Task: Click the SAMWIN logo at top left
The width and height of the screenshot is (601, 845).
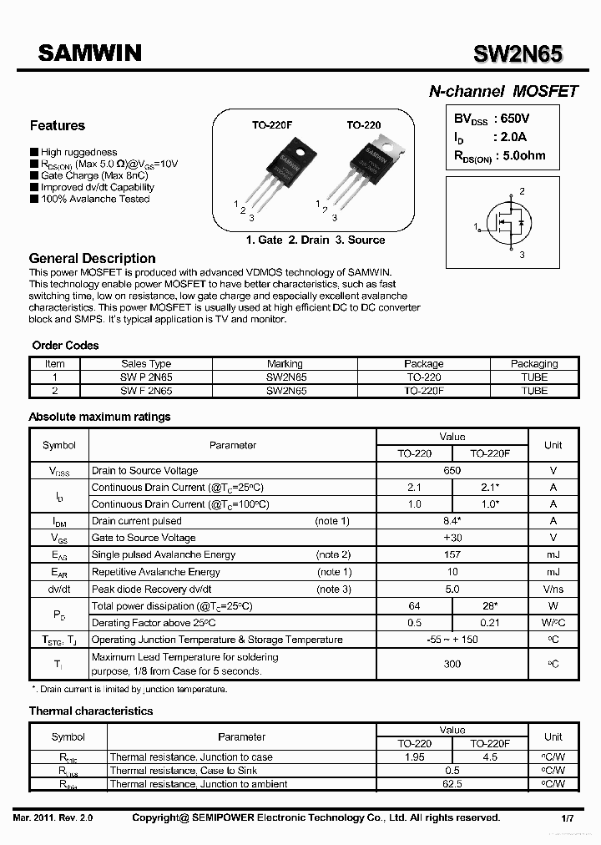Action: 90,53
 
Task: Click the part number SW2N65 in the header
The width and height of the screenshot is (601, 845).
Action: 518,54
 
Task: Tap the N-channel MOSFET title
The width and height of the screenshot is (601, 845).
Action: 503,92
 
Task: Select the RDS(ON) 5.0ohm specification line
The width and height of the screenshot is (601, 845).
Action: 499,155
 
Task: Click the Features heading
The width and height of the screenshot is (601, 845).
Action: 57,126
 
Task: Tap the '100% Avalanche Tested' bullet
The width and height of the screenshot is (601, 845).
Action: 94,200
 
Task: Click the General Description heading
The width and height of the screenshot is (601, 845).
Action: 92,259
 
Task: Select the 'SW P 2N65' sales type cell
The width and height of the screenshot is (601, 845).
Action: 146,377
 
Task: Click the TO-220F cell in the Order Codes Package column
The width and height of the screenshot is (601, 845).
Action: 423,391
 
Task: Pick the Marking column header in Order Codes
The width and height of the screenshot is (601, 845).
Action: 285,364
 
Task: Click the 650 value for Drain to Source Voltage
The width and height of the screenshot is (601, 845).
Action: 452,471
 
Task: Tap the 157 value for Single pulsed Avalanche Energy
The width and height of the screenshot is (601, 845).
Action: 452,555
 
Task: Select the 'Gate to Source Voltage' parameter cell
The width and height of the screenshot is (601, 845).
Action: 144,539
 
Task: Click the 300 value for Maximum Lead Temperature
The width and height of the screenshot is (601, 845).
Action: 452,664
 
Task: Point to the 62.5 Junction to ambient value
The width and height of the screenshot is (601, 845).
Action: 452,784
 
